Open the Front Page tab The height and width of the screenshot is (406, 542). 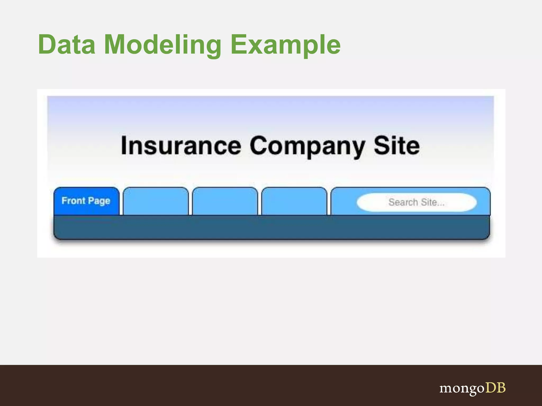[x=86, y=201]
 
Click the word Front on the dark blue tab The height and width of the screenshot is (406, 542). [x=73, y=201]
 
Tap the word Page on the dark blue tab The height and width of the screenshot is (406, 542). [x=99, y=201]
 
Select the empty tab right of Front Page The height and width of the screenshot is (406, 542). [x=156, y=201]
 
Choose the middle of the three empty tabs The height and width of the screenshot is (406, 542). [x=225, y=201]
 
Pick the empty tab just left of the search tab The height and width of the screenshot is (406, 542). [x=294, y=201]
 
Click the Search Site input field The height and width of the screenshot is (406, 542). [x=417, y=202]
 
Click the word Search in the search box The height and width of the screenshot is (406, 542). [x=403, y=202]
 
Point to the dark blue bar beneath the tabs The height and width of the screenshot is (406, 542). [x=272, y=227]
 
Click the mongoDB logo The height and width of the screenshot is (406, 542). [x=472, y=388]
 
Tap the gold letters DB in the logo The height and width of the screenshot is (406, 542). [x=495, y=387]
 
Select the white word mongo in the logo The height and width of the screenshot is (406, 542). [x=462, y=389]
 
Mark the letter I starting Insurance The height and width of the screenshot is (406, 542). [x=124, y=145]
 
